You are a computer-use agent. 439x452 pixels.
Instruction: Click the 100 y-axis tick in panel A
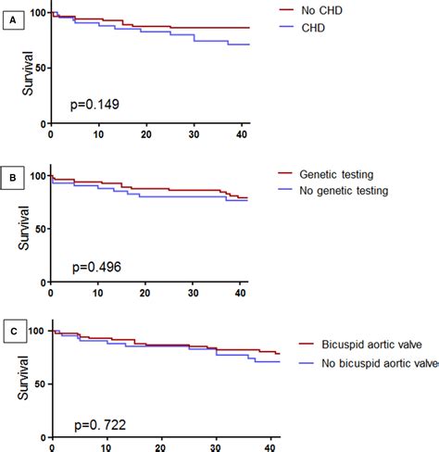tap(35, 13)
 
